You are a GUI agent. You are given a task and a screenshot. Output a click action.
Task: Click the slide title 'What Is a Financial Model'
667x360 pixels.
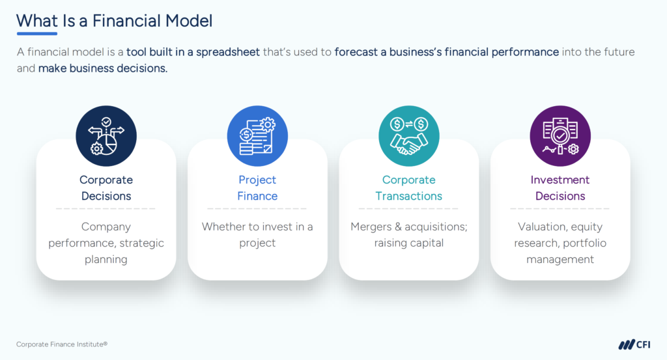click(115, 20)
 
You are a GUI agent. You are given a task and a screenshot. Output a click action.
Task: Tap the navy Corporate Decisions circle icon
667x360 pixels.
click(106, 136)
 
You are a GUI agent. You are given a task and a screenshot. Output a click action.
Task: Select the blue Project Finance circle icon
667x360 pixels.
click(257, 136)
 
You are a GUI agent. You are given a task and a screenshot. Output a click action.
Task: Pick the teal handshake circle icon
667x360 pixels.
click(409, 136)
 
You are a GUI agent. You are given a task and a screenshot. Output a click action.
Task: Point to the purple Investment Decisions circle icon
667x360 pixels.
click(560, 136)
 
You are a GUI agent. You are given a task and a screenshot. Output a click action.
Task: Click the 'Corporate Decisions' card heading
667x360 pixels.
click(106, 187)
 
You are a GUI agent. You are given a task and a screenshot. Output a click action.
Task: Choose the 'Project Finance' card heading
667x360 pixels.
click(257, 187)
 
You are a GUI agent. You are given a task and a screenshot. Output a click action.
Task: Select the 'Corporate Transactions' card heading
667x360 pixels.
click(409, 187)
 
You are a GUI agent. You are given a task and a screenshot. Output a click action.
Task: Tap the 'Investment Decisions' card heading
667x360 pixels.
click(560, 187)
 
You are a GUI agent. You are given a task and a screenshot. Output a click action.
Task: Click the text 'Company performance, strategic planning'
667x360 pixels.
click(106, 243)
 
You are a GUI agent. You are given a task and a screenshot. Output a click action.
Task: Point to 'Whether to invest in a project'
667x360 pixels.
click(257, 235)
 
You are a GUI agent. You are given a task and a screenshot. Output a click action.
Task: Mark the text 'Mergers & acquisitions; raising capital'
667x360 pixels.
click(409, 235)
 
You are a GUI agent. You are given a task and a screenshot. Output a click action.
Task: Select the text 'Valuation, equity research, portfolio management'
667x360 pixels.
click(560, 243)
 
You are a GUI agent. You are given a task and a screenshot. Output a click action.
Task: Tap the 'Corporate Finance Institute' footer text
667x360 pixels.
click(57, 344)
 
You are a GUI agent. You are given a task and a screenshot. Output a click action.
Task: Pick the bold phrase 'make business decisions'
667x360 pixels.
click(102, 68)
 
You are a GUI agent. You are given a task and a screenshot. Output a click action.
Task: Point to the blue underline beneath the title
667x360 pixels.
click(36, 33)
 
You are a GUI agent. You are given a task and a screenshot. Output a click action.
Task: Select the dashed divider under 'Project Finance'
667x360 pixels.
click(257, 209)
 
